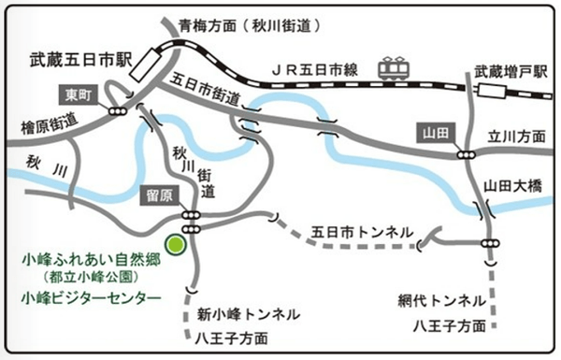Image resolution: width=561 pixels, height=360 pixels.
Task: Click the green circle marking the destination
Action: tap(174, 244)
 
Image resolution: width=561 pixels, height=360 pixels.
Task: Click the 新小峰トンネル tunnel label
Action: tap(248, 312)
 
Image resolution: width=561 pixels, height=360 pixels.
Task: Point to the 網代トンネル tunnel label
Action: tap(439, 301)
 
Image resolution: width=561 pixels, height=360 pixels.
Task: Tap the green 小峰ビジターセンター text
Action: tap(89, 298)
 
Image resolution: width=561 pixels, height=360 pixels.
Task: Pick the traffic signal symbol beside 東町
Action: tap(118, 110)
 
